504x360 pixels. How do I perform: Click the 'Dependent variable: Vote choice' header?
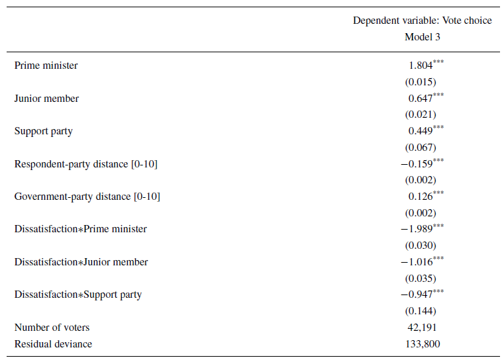coord(422,21)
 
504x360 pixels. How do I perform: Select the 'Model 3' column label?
coord(422,37)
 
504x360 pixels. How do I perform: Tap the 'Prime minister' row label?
coord(46,66)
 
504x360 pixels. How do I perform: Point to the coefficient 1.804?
coord(421,66)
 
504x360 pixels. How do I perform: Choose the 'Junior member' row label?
coord(46,99)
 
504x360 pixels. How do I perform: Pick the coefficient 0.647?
coord(421,99)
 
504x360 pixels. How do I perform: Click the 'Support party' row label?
coord(44,131)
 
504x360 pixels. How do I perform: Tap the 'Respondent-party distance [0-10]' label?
coord(86,163)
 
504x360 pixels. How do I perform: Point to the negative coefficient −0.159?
coord(417,163)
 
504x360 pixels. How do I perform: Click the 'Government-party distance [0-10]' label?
coord(87,197)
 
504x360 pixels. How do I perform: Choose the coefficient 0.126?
coord(421,197)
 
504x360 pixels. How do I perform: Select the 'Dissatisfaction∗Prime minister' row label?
coord(81,229)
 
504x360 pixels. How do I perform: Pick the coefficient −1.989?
coord(417,229)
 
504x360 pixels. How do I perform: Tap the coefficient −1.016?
coord(417,262)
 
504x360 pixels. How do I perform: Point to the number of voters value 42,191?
coord(422,328)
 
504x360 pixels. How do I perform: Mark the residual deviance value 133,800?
coord(422,343)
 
